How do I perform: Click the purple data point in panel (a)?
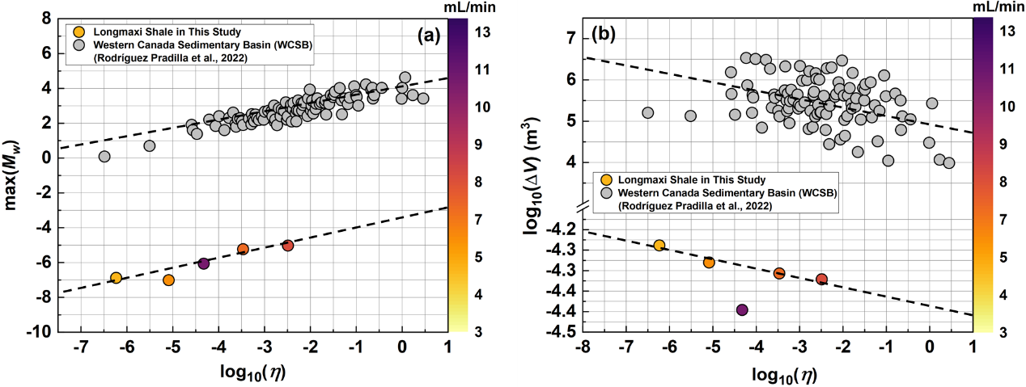[203, 263]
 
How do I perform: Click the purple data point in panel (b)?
[742, 309]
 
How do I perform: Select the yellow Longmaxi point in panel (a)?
[116, 278]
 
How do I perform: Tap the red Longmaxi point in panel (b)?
[822, 280]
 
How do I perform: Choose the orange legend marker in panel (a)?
[78, 32]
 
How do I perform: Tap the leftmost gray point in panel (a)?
[104, 156]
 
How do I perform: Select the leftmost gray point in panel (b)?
[647, 113]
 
